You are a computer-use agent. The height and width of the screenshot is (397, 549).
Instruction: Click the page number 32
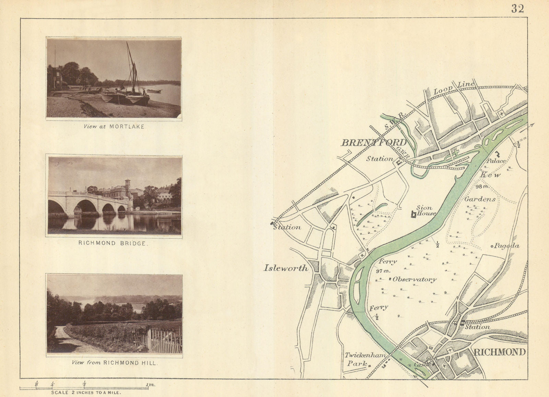tap(517, 9)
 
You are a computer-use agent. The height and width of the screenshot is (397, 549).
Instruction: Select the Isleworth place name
tap(286, 268)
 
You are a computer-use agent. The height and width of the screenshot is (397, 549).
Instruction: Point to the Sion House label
tap(425, 211)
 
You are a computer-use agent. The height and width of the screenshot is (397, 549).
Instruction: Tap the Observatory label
tap(414, 279)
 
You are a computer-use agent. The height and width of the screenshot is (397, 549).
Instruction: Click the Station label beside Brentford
tap(379, 159)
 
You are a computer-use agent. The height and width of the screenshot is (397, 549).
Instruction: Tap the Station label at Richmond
tap(477, 327)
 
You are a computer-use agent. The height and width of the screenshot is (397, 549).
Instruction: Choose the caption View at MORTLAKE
tap(114, 126)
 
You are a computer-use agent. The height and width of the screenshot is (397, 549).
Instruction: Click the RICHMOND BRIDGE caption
tap(114, 243)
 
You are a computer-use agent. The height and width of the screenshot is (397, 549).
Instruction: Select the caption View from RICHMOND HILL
tap(114, 362)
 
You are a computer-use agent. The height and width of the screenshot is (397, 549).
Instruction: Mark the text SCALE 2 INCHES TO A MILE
tap(86, 392)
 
